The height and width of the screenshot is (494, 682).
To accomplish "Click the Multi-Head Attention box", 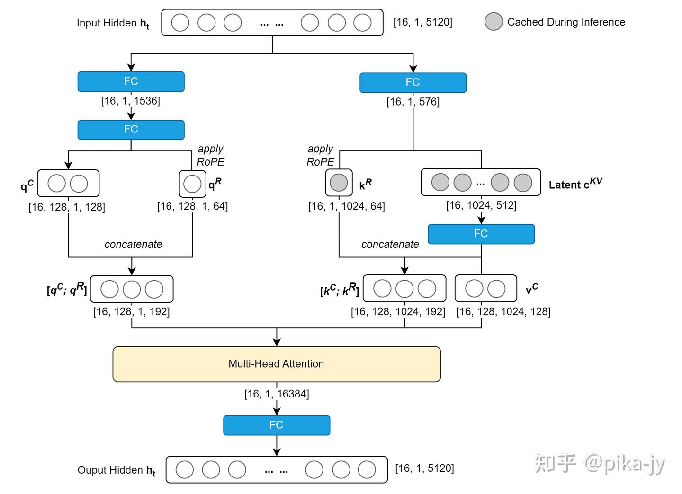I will [x=277, y=364].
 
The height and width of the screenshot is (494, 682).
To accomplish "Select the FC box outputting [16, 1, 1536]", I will [x=131, y=81].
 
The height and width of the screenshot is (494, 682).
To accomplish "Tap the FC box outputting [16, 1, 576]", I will [x=413, y=82].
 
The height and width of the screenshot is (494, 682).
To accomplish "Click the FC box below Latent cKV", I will [x=481, y=234].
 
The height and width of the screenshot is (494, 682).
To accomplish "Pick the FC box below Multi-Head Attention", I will [x=276, y=425].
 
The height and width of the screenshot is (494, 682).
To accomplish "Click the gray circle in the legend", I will [x=494, y=22].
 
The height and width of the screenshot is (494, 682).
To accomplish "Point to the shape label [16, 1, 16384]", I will [x=277, y=394].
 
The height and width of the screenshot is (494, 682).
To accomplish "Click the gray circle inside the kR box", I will [x=339, y=183].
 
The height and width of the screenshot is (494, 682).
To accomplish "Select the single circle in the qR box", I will [x=192, y=184].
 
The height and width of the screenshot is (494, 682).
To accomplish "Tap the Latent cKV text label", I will [x=575, y=184].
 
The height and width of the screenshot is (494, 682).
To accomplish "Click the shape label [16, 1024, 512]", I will [x=481, y=205].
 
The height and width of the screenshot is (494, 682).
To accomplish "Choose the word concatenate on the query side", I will [x=133, y=244].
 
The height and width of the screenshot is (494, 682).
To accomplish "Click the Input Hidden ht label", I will [x=113, y=23].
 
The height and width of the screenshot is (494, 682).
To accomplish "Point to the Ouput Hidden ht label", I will [x=116, y=470].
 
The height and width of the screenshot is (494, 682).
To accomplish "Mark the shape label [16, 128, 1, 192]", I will [x=131, y=311].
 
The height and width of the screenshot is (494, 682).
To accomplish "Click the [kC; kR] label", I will [x=340, y=290].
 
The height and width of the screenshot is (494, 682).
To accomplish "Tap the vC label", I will [x=531, y=289].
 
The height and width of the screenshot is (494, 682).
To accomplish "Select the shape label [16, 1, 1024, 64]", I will [x=346, y=206].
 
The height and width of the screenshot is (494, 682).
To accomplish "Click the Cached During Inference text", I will [x=566, y=22].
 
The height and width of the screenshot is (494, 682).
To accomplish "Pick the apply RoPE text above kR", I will [x=320, y=156].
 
